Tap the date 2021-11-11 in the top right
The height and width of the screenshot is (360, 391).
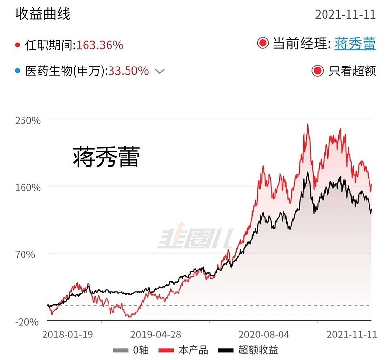[x=345, y=14]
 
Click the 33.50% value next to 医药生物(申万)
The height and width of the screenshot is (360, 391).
[x=128, y=71]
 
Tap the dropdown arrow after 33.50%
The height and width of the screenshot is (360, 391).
[x=160, y=71]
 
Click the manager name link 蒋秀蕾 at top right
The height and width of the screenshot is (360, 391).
[x=355, y=44]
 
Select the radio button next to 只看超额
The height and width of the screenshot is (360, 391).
[x=318, y=71]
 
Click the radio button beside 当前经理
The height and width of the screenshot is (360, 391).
[x=263, y=44]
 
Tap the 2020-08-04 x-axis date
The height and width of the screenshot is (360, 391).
[x=263, y=335]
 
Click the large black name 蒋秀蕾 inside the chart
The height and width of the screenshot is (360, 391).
[x=107, y=157]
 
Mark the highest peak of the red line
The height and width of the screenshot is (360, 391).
[x=308, y=125]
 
